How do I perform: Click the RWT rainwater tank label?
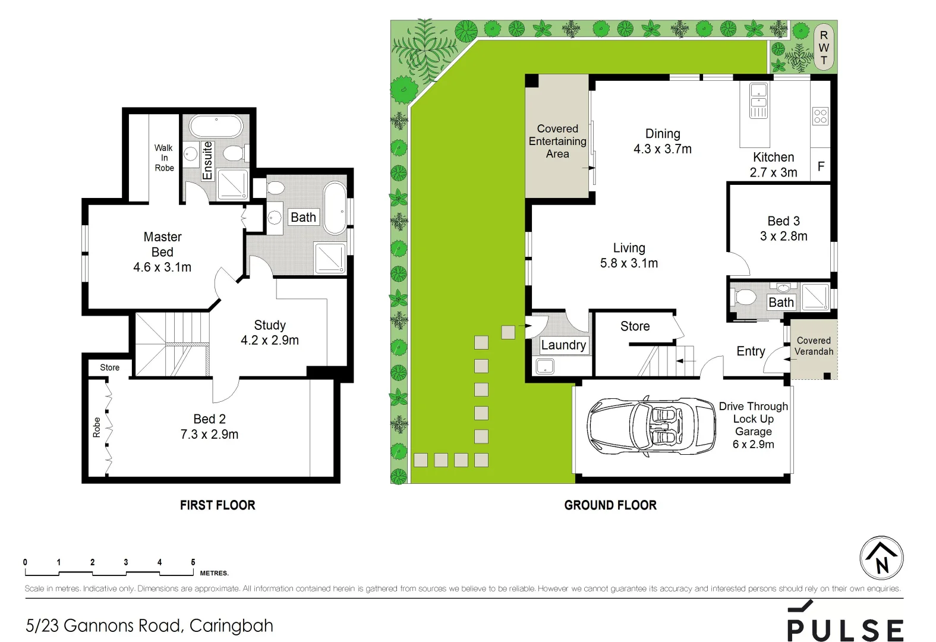pyautogui.click(x=824, y=48)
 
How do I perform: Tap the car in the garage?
pyautogui.click(x=651, y=426)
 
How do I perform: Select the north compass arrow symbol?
pyautogui.click(x=881, y=558)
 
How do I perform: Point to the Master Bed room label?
pyautogui.click(x=162, y=244)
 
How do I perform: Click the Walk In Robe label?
pyautogui.click(x=164, y=158)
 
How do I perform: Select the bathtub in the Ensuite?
pyautogui.click(x=216, y=127)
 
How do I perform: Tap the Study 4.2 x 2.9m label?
pyautogui.click(x=270, y=333)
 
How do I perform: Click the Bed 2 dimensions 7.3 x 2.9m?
pyautogui.click(x=209, y=435)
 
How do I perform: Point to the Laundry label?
pyautogui.click(x=563, y=345)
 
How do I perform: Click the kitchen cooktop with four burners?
pyautogui.click(x=820, y=116)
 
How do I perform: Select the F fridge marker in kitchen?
pyautogui.click(x=821, y=166)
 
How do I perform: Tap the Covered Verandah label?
pyautogui.click(x=814, y=346)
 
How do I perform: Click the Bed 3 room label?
pyautogui.click(x=783, y=221)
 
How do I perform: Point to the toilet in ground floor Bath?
pyautogui.click(x=745, y=297)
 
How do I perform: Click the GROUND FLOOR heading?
pyautogui.click(x=610, y=505)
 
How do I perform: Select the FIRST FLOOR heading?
pyautogui.click(x=218, y=505)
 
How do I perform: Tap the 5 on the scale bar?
pyautogui.click(x=193, y=562)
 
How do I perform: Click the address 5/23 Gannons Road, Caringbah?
pyautogui.click(x=149, y=625)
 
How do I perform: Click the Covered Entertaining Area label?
pyautogui.click(x=557, y=141)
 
